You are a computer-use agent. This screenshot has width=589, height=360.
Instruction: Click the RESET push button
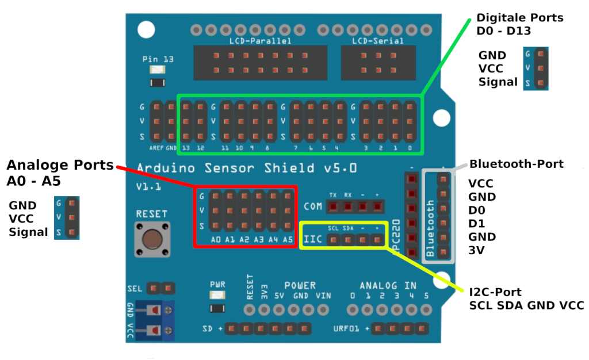click(x=152, y=239)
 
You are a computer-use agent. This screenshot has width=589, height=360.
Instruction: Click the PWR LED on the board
click(x=218, y=296)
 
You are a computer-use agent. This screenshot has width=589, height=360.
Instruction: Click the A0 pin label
click(x=216, y=239)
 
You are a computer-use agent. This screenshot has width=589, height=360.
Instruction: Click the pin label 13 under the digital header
click(x=185, y=148)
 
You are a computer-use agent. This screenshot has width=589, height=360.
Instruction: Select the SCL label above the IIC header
click(x=333, y=228)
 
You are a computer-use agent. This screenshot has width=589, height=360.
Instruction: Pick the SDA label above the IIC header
click(x=348, y=228)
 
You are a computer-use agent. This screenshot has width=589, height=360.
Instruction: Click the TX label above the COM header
click(x=333, y=194)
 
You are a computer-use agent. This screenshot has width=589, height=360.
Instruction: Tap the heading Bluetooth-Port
click(x=517, y=164)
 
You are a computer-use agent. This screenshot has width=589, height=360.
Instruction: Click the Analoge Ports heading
click(x=60, y=165)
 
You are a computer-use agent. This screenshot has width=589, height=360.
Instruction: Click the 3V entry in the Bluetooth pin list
click(x=476, y=250)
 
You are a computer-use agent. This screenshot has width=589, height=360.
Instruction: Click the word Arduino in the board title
click(x=164, y=168)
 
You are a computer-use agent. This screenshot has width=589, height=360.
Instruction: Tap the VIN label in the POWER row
click(x=323, y=296)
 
